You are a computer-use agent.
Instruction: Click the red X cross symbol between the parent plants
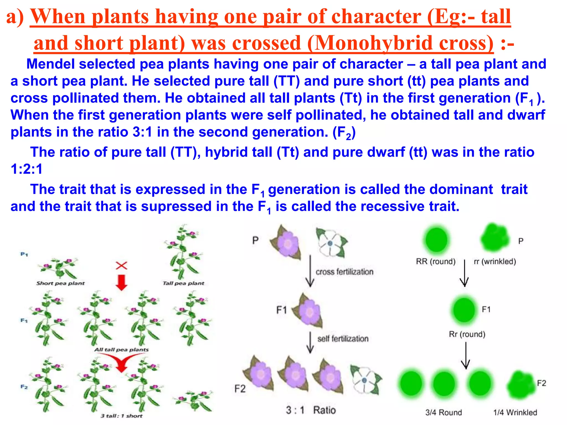coord(121,266)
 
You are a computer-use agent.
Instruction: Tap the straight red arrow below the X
coord(121,283)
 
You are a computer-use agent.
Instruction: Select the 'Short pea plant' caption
coord(60,283)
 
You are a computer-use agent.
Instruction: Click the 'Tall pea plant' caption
coord(183,283)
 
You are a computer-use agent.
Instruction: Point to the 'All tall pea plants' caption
coord(121,350)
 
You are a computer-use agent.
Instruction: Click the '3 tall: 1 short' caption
coord(121,416)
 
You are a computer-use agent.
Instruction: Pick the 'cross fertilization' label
coord(344,272)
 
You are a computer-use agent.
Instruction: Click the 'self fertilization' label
coord(343,339)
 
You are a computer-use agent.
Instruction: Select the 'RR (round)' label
coord(435,261)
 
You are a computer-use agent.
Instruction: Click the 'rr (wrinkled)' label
coord(495,261)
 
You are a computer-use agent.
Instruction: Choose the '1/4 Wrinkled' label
coord(515,413)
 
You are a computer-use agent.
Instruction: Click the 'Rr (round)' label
coord(467,334)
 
